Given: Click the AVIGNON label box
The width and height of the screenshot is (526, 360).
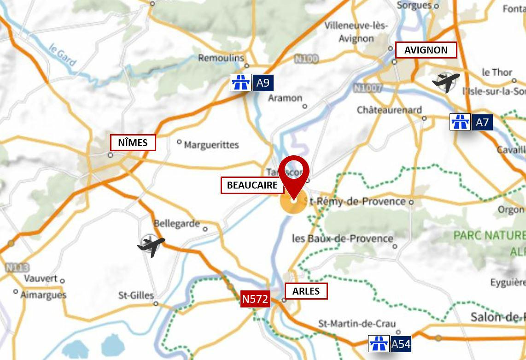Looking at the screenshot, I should click(x=426, y=50).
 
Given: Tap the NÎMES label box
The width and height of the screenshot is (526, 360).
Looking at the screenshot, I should click(x=133, y=142).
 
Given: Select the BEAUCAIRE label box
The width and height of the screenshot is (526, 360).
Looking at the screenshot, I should click(x=252, y=185).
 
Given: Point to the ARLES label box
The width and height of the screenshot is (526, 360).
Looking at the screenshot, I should click(x=306, y=291).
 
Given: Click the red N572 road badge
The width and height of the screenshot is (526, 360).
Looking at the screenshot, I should click(x=255, y=299).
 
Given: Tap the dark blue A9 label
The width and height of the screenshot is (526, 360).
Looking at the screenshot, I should click(x=263, y=83).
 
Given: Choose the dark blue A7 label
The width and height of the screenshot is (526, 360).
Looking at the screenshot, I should click(x=482, y=122).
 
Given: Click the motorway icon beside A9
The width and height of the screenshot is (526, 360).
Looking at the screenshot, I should click(x=240, y=83).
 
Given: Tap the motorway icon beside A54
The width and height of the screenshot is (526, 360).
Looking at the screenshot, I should click(x=379, y=344).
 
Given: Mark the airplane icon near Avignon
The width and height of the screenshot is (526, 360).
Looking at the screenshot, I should click(x=445, y=82).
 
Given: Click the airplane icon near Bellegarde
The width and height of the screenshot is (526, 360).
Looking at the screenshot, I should click(x=151, y=245).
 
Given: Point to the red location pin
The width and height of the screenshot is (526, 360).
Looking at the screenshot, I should click(x=294, y=177).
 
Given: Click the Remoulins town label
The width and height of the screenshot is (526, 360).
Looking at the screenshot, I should click(x=221, y=58).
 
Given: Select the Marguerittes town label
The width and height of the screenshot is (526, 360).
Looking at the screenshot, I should click(x=211, y=145).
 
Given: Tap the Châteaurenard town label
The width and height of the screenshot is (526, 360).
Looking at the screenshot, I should click(x=389, y=110).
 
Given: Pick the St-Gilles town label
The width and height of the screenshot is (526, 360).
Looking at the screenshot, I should click(x=136, y=295).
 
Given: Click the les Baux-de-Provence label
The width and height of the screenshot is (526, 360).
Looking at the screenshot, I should click(x=343, y=238).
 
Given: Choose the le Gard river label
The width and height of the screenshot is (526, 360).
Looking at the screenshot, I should click(x=62, y=54).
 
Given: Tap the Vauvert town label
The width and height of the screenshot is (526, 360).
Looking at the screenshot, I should click(x=41, y=278).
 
